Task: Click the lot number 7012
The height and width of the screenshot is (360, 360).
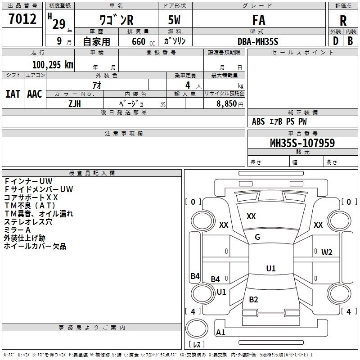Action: coord(22,19)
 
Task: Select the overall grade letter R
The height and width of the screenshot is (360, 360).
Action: coord(343,20)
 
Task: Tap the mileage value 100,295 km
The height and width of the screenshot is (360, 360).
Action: coord(53,65)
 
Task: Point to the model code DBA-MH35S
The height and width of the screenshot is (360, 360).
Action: coord(258,41)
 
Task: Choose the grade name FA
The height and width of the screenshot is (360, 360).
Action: coord(259,20)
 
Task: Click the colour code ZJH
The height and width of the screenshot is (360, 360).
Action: coord(75,103)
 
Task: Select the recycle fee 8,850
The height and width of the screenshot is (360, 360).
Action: coord(224,103)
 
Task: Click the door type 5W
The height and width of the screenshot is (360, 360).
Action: coord(175,20)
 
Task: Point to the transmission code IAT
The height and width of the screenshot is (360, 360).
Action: coord(13,94)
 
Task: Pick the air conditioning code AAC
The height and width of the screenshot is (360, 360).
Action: coord(35,94)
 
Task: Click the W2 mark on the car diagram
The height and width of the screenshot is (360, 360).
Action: coord(327,252)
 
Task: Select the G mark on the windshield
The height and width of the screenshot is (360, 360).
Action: coord(257,237)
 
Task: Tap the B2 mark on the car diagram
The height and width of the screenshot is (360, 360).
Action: coord(253,300)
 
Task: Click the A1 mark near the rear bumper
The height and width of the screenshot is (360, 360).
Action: coord(221,333)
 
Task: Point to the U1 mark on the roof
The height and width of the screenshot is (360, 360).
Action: coord(270,269)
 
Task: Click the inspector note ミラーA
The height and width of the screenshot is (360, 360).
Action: coord(17,230)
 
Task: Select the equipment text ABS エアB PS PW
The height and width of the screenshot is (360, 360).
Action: coord(279,121)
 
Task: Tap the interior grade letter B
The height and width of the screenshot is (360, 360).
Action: coord(350,41)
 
